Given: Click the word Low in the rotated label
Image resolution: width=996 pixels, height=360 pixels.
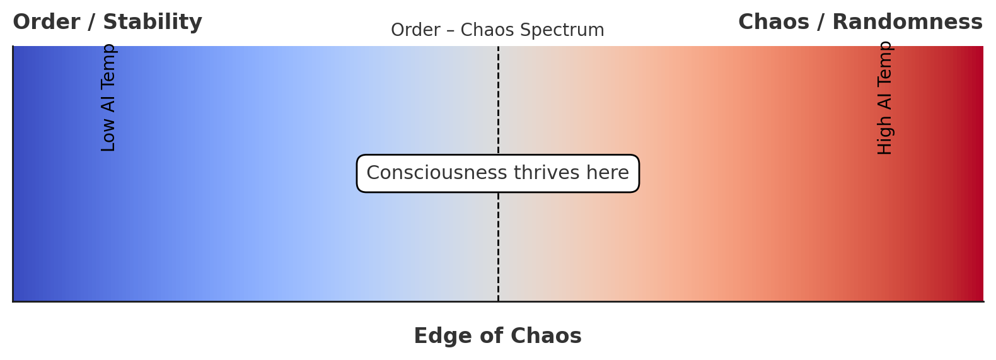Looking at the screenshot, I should pos(108,137).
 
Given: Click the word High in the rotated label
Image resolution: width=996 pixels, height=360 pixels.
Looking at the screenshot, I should pos(885,139).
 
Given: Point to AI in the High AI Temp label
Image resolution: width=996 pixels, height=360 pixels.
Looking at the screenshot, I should pos(885,101).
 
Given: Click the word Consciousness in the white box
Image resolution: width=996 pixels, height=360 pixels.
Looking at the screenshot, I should pos(437,173).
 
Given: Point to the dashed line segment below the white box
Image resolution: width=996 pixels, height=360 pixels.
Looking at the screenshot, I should pos(498,246).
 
